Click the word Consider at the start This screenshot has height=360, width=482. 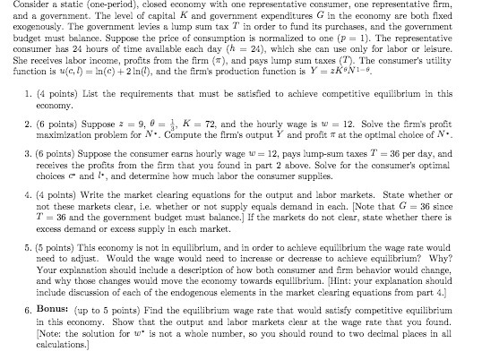[x=21, y=6]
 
